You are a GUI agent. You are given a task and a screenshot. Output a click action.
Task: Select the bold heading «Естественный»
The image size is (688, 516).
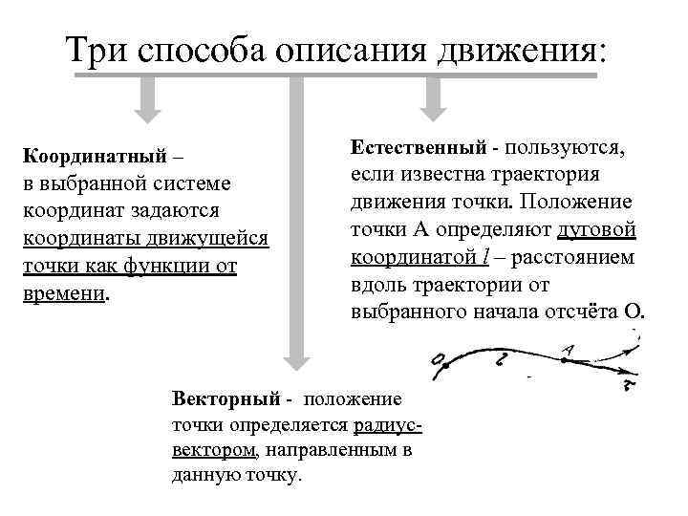(417, 149)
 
